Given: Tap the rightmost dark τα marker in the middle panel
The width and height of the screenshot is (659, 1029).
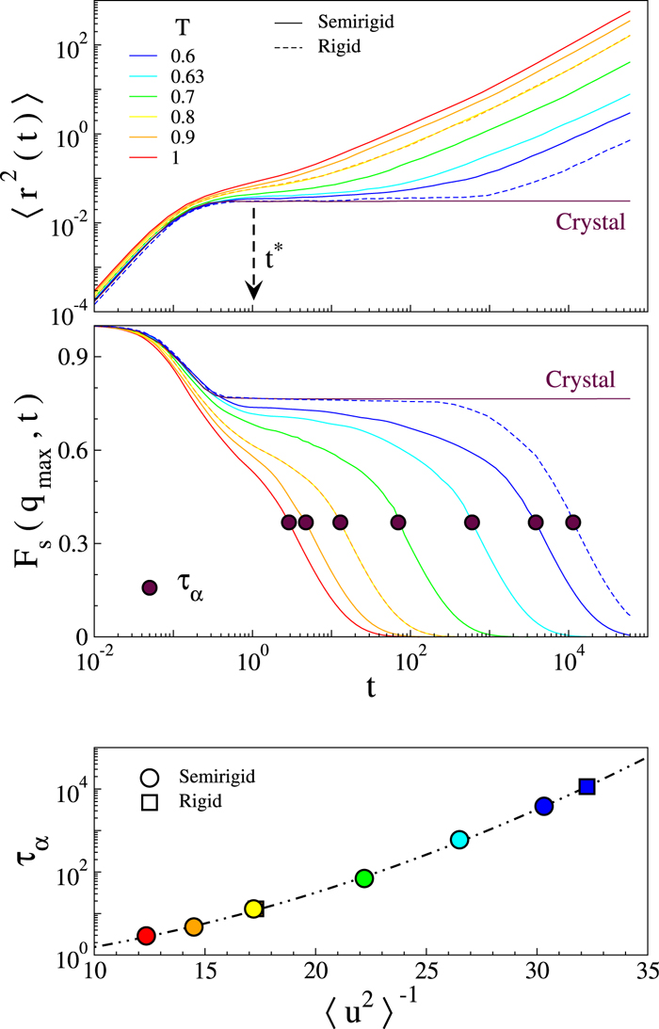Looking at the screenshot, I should tap(571, 523).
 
